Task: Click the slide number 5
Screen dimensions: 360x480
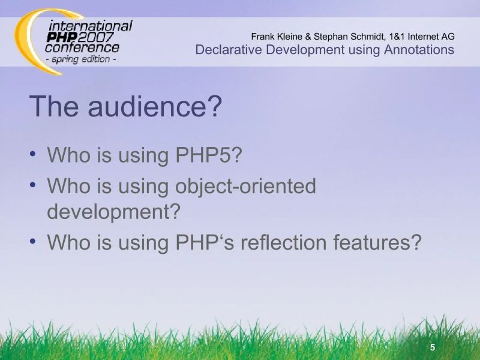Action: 433,348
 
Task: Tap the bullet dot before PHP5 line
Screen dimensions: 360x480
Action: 34,154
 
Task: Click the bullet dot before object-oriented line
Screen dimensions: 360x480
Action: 34,185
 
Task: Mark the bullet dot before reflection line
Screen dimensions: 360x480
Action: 34,242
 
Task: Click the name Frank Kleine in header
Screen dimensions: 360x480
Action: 277,36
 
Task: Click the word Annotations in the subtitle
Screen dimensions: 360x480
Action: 415,49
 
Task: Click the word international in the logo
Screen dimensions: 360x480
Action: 90,26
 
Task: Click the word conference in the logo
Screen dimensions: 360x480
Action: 82,47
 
